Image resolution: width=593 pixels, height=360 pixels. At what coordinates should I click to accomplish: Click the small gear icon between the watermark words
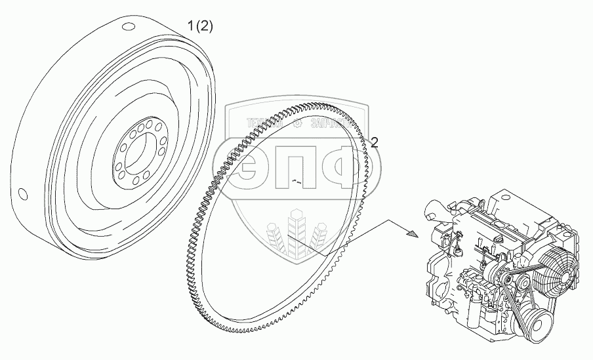pyautogui.click(x=297, y=122)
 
